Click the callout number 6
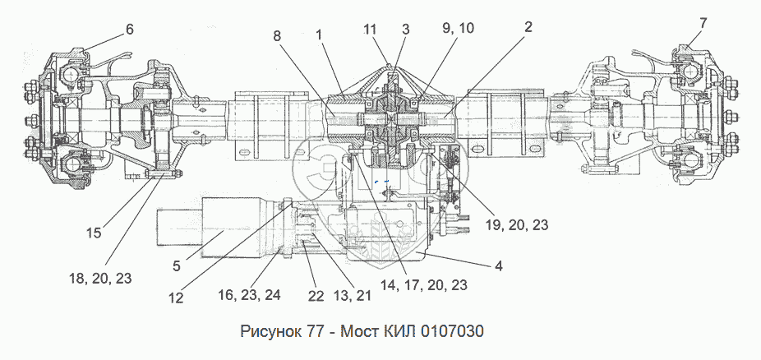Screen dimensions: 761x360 [x=129, y=29]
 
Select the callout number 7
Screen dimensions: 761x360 [x=703, y=23]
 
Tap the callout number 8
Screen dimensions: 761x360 [x=277, y=37]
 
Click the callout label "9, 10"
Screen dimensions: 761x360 [x=457, y=28]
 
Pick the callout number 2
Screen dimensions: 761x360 [x=528, y=26]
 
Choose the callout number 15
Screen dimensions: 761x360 [x=95, y=233]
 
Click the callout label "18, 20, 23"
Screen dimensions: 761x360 [x=99, y=278]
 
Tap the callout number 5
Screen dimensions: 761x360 [x=177, y=265]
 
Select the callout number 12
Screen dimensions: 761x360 [x=176, y=297]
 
